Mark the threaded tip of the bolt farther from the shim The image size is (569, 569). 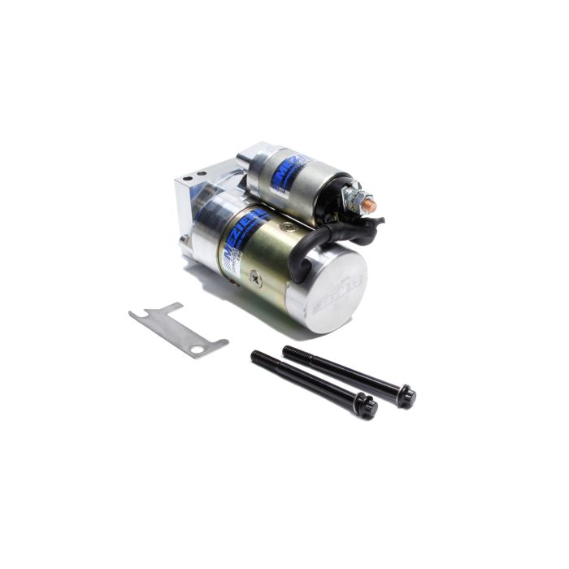click(288, 350)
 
